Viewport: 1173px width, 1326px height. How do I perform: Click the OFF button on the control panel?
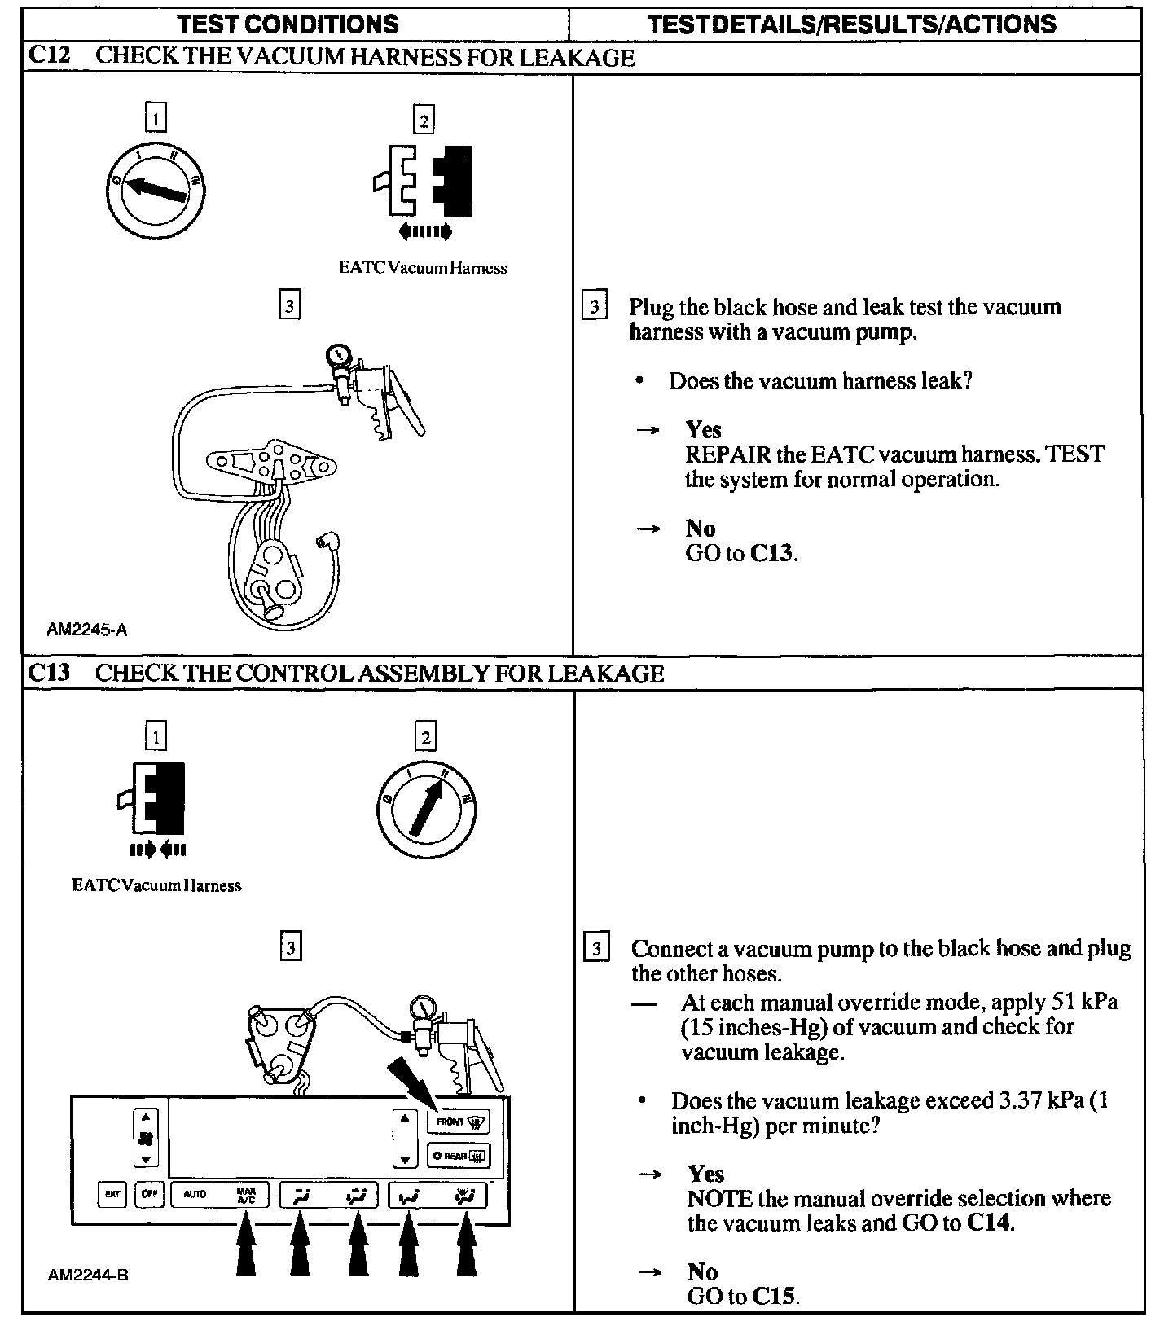[150, 1195]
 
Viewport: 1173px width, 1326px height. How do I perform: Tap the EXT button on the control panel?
[112, 1195]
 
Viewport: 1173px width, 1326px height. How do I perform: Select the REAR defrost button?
[459, 1155]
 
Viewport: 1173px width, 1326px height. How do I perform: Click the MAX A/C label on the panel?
[246, 1195]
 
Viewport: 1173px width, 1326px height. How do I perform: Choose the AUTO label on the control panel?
[195, 1195]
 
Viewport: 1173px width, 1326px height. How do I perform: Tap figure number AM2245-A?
[87, 630]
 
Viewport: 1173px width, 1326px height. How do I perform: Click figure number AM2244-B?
[88, 1275]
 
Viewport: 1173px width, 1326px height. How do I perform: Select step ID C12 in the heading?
[49, 56]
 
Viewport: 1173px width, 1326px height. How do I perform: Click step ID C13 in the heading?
[49, 673]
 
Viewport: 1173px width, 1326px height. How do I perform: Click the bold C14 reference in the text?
[989, 1223]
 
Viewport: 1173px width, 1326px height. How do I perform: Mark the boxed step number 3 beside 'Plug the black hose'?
[595, 307]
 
